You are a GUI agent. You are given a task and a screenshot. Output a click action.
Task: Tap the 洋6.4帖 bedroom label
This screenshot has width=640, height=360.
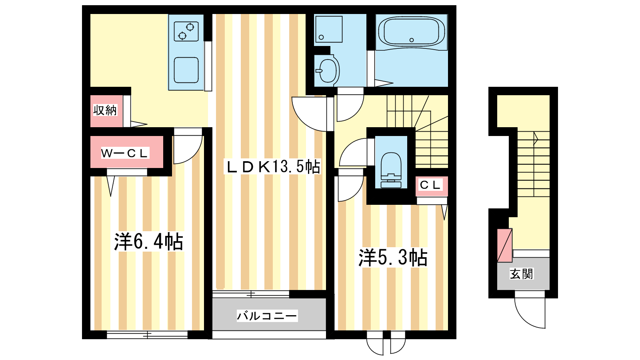148,242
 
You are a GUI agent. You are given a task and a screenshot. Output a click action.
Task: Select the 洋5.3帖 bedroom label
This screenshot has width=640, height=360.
393,258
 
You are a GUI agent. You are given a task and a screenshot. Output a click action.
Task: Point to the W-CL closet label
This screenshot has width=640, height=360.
125,154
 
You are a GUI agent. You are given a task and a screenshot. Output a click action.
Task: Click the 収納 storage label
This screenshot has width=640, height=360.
105,110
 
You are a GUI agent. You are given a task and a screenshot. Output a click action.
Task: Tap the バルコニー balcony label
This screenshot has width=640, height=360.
267,316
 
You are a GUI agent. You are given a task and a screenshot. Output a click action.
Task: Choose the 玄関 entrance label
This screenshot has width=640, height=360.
522,274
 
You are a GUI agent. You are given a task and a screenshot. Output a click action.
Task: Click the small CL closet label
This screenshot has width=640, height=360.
430,185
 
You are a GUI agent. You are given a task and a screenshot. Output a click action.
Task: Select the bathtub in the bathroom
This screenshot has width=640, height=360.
412,32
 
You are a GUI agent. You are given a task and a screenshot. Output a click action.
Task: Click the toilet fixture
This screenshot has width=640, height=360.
391,170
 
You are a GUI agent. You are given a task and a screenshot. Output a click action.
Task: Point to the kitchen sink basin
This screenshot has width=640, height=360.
186,70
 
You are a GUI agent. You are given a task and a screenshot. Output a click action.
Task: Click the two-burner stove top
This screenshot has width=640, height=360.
186,31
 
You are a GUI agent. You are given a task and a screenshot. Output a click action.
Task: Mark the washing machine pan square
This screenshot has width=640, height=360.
329,29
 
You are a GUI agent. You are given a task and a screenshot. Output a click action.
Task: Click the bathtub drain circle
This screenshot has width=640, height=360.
412,40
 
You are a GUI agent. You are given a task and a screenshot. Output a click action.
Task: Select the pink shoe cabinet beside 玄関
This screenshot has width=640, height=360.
504,245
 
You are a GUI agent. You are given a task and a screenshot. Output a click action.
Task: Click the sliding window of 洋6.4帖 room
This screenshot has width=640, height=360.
147,334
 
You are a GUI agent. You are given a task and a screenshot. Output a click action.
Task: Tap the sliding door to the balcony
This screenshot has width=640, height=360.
251,294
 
